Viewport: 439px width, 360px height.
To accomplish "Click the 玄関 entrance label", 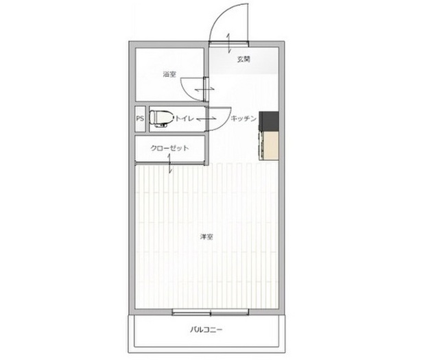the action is (x=244, y=60).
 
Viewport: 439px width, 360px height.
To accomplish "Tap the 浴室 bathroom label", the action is (x=169, y=74).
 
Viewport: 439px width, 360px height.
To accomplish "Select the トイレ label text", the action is (x=185, y=119).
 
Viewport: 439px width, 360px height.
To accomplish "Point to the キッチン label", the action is (x=244, y=119).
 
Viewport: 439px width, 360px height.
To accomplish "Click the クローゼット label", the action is (x=169, y=148).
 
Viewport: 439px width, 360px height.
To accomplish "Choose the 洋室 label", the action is (x=206, y=237).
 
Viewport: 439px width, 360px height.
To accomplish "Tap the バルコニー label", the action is (x=206, y=330).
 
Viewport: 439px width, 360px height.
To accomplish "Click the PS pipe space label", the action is (x=140, y=119).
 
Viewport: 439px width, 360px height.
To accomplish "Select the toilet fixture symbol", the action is (x=161, y=119).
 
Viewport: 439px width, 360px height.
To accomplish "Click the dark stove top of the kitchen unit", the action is (x=268, y=121).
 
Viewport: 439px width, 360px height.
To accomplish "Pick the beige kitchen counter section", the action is (x=269, y=145).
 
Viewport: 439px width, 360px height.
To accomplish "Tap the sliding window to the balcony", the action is (x=211, y=312).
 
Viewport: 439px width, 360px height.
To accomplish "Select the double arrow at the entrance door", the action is (x=228, y=43).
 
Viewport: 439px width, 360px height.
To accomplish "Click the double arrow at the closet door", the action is (x=170, y=163).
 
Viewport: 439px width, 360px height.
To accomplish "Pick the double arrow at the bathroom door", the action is (x=204, y=89).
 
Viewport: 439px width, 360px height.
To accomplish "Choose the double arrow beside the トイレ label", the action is (x=206, y=119).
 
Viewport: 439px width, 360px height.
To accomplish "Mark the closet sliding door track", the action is (x=171, y=163).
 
